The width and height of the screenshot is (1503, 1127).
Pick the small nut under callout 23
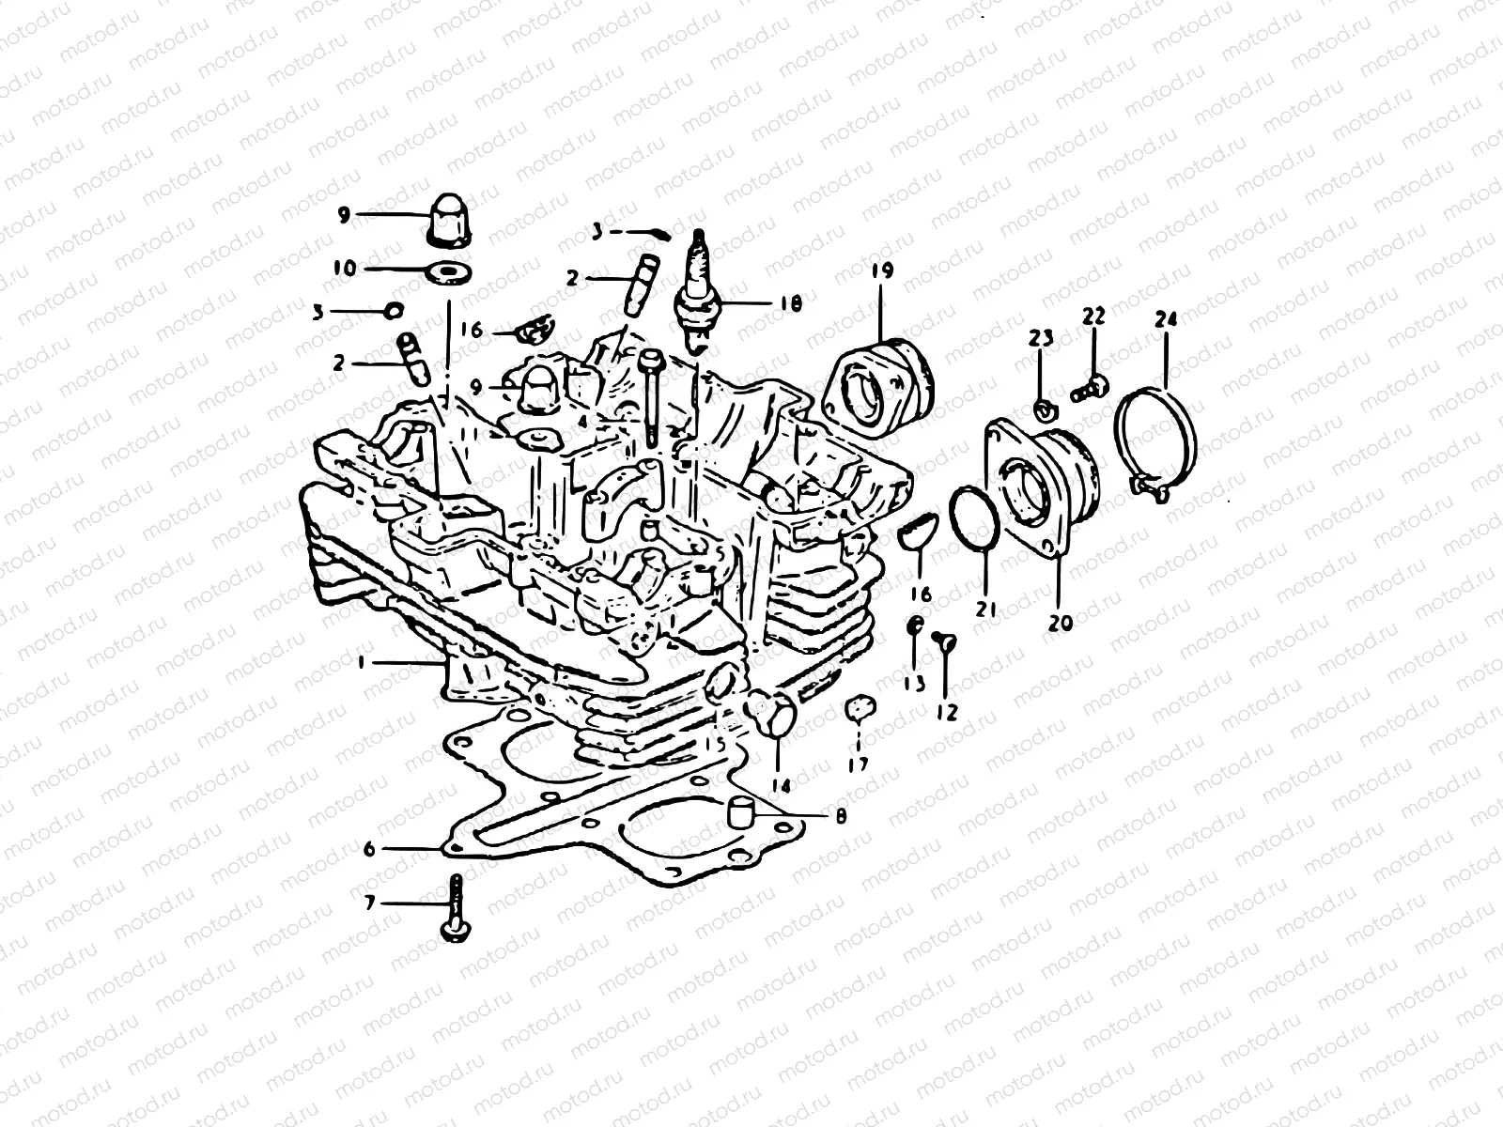coord(1042,408)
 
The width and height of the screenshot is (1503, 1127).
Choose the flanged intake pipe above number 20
coord(1038,488)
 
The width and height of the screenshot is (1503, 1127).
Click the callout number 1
coord(361,662)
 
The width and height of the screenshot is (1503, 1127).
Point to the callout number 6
coord(369,849)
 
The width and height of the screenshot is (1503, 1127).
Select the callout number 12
coord(946,713)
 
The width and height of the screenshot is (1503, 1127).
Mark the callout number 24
coord(1166,319)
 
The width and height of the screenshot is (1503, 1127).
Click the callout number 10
coord(345,269)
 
